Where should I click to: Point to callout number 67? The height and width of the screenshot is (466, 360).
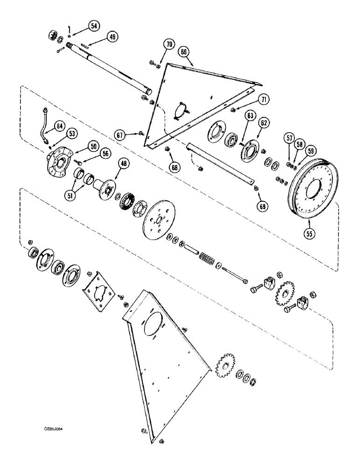tap(121, 135)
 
